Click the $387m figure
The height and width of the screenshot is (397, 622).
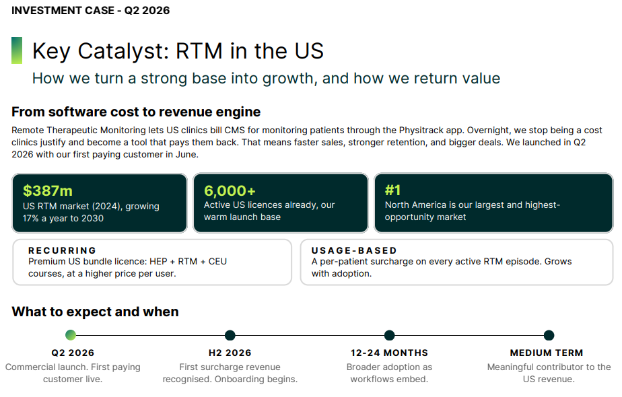48,191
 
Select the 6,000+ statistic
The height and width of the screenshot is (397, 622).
230,191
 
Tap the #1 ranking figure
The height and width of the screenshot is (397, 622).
392,190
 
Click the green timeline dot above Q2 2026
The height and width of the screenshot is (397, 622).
71,335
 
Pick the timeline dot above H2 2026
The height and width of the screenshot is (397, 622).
230,335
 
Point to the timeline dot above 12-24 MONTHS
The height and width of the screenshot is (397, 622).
390,335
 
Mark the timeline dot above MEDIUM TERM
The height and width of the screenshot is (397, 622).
549,335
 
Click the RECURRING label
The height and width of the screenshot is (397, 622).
63,251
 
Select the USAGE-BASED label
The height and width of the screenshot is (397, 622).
354,251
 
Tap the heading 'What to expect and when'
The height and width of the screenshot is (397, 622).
95,312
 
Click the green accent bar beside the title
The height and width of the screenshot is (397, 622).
17,50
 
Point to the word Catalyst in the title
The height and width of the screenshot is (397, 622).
124,52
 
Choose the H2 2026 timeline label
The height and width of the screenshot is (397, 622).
230,353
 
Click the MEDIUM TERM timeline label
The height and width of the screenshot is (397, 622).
547,353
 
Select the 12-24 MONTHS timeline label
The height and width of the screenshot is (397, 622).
390,353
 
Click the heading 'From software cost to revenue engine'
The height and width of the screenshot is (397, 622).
136,112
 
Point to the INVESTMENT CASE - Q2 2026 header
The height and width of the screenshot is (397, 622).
90,10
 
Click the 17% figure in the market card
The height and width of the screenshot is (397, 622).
30,219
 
